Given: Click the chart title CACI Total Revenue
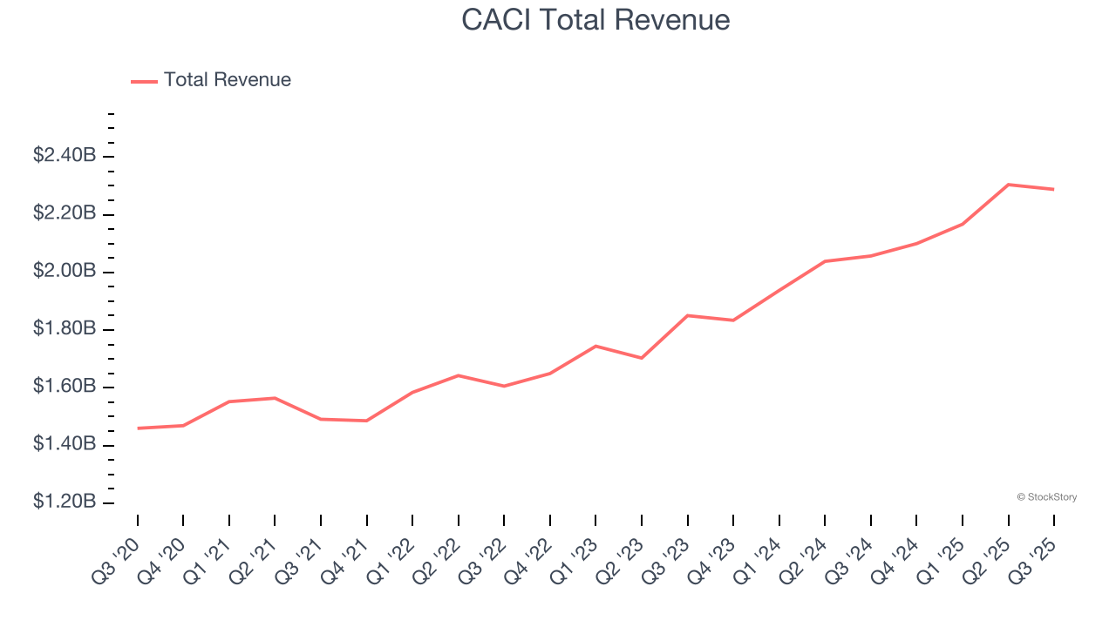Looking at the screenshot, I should tap(595, 19).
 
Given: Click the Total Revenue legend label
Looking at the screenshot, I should tap(227, 80).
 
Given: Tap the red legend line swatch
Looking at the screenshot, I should tap(144, 81).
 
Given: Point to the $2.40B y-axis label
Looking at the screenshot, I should tap(65, 156).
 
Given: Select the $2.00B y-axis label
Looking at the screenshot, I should tap(65, 272).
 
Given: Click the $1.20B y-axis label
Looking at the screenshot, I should tap(65, 502).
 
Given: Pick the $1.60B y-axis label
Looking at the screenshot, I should tap(65, 387).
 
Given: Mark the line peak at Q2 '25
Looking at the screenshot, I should tap(1008, 185).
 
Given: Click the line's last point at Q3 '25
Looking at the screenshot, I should tap(1053, 189).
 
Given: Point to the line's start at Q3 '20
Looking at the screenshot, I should tap(138, 428).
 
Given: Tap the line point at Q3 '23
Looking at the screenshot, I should tap(687, 315).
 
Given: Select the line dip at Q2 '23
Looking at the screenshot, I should tap(642, 358).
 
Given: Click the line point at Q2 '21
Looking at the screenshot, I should tap(275, 398).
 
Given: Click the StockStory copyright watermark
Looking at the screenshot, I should tap(1046, 497).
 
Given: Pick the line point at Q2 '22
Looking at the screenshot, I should tap(458, 375).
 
